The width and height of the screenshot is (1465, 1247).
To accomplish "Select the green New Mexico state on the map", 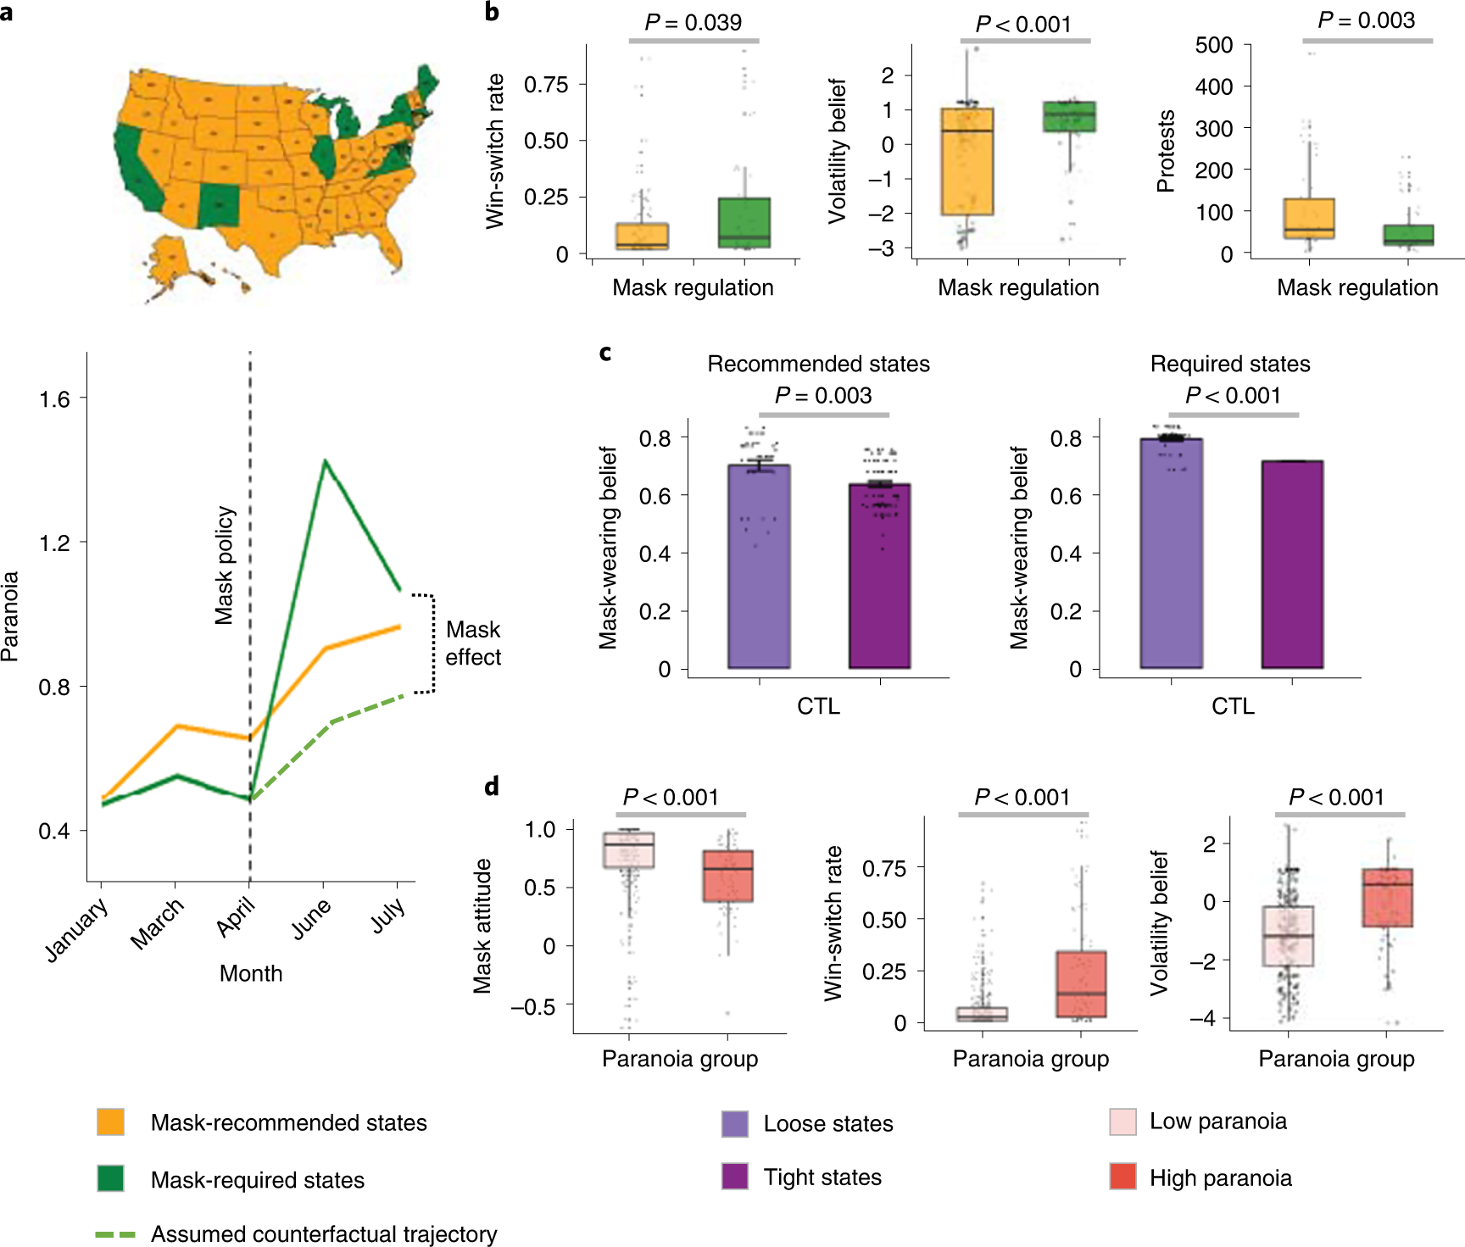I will [219, 206].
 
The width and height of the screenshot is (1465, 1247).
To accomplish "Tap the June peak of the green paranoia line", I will [325, 462].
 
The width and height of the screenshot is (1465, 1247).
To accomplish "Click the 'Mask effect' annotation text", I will [473, 643].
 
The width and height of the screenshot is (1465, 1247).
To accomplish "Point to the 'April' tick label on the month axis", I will [236, 918].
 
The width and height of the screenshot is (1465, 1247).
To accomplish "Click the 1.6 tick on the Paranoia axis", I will [54, 399].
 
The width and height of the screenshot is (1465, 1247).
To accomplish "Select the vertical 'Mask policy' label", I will [225, 565].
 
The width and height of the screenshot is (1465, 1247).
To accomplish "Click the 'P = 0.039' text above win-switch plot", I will [693, 22].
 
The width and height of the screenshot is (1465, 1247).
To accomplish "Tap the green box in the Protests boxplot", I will [1408, 235].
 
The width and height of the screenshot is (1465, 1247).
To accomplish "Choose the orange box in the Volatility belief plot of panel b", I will [966, 161].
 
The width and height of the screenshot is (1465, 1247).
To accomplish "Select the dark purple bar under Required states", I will [1292, 564].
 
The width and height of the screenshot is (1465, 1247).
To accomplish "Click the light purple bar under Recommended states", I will [759, 566].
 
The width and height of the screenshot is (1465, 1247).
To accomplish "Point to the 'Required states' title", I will [1229, 364].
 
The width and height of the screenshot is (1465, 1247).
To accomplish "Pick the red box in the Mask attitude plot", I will [727, 876].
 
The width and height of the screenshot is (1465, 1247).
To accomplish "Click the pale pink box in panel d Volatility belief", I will [1288, 936].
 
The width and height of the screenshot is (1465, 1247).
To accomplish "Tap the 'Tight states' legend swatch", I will [734, 1177].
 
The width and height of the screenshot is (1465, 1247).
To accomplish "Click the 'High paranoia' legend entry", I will [1220, 1177].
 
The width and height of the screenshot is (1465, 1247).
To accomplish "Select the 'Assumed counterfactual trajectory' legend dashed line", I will [116, 1234].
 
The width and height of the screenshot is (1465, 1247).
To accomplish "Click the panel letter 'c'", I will [604, 352].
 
